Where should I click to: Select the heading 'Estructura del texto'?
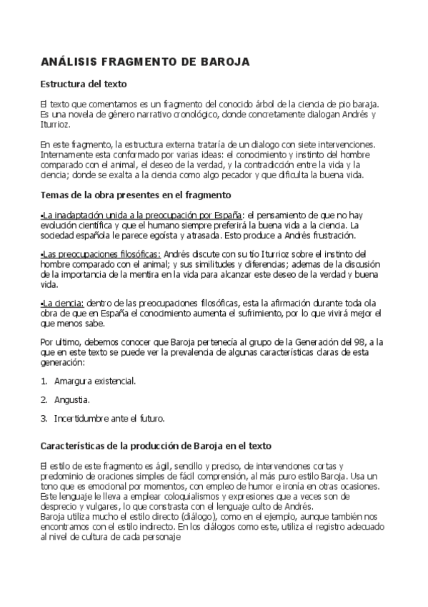pos(84,84)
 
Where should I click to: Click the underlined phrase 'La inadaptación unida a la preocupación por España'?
pos(143,215)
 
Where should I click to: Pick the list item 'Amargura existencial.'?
pos(95,381)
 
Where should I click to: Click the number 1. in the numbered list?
pos(44,381)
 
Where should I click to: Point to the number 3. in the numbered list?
pos(44,418)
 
